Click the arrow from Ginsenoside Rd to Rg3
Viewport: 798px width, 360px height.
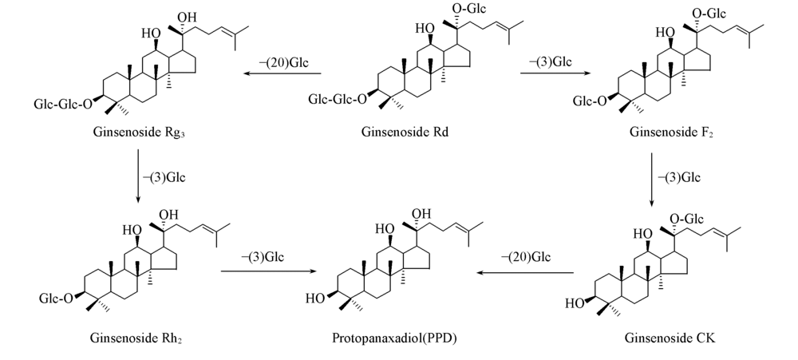(282, 74)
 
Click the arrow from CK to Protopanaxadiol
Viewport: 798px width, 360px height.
(526, 271)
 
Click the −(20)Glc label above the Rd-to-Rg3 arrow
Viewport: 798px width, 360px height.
(282, 61)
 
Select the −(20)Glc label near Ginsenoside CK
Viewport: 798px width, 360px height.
(526, 257)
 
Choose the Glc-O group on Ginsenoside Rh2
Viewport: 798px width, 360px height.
(55, 299)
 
